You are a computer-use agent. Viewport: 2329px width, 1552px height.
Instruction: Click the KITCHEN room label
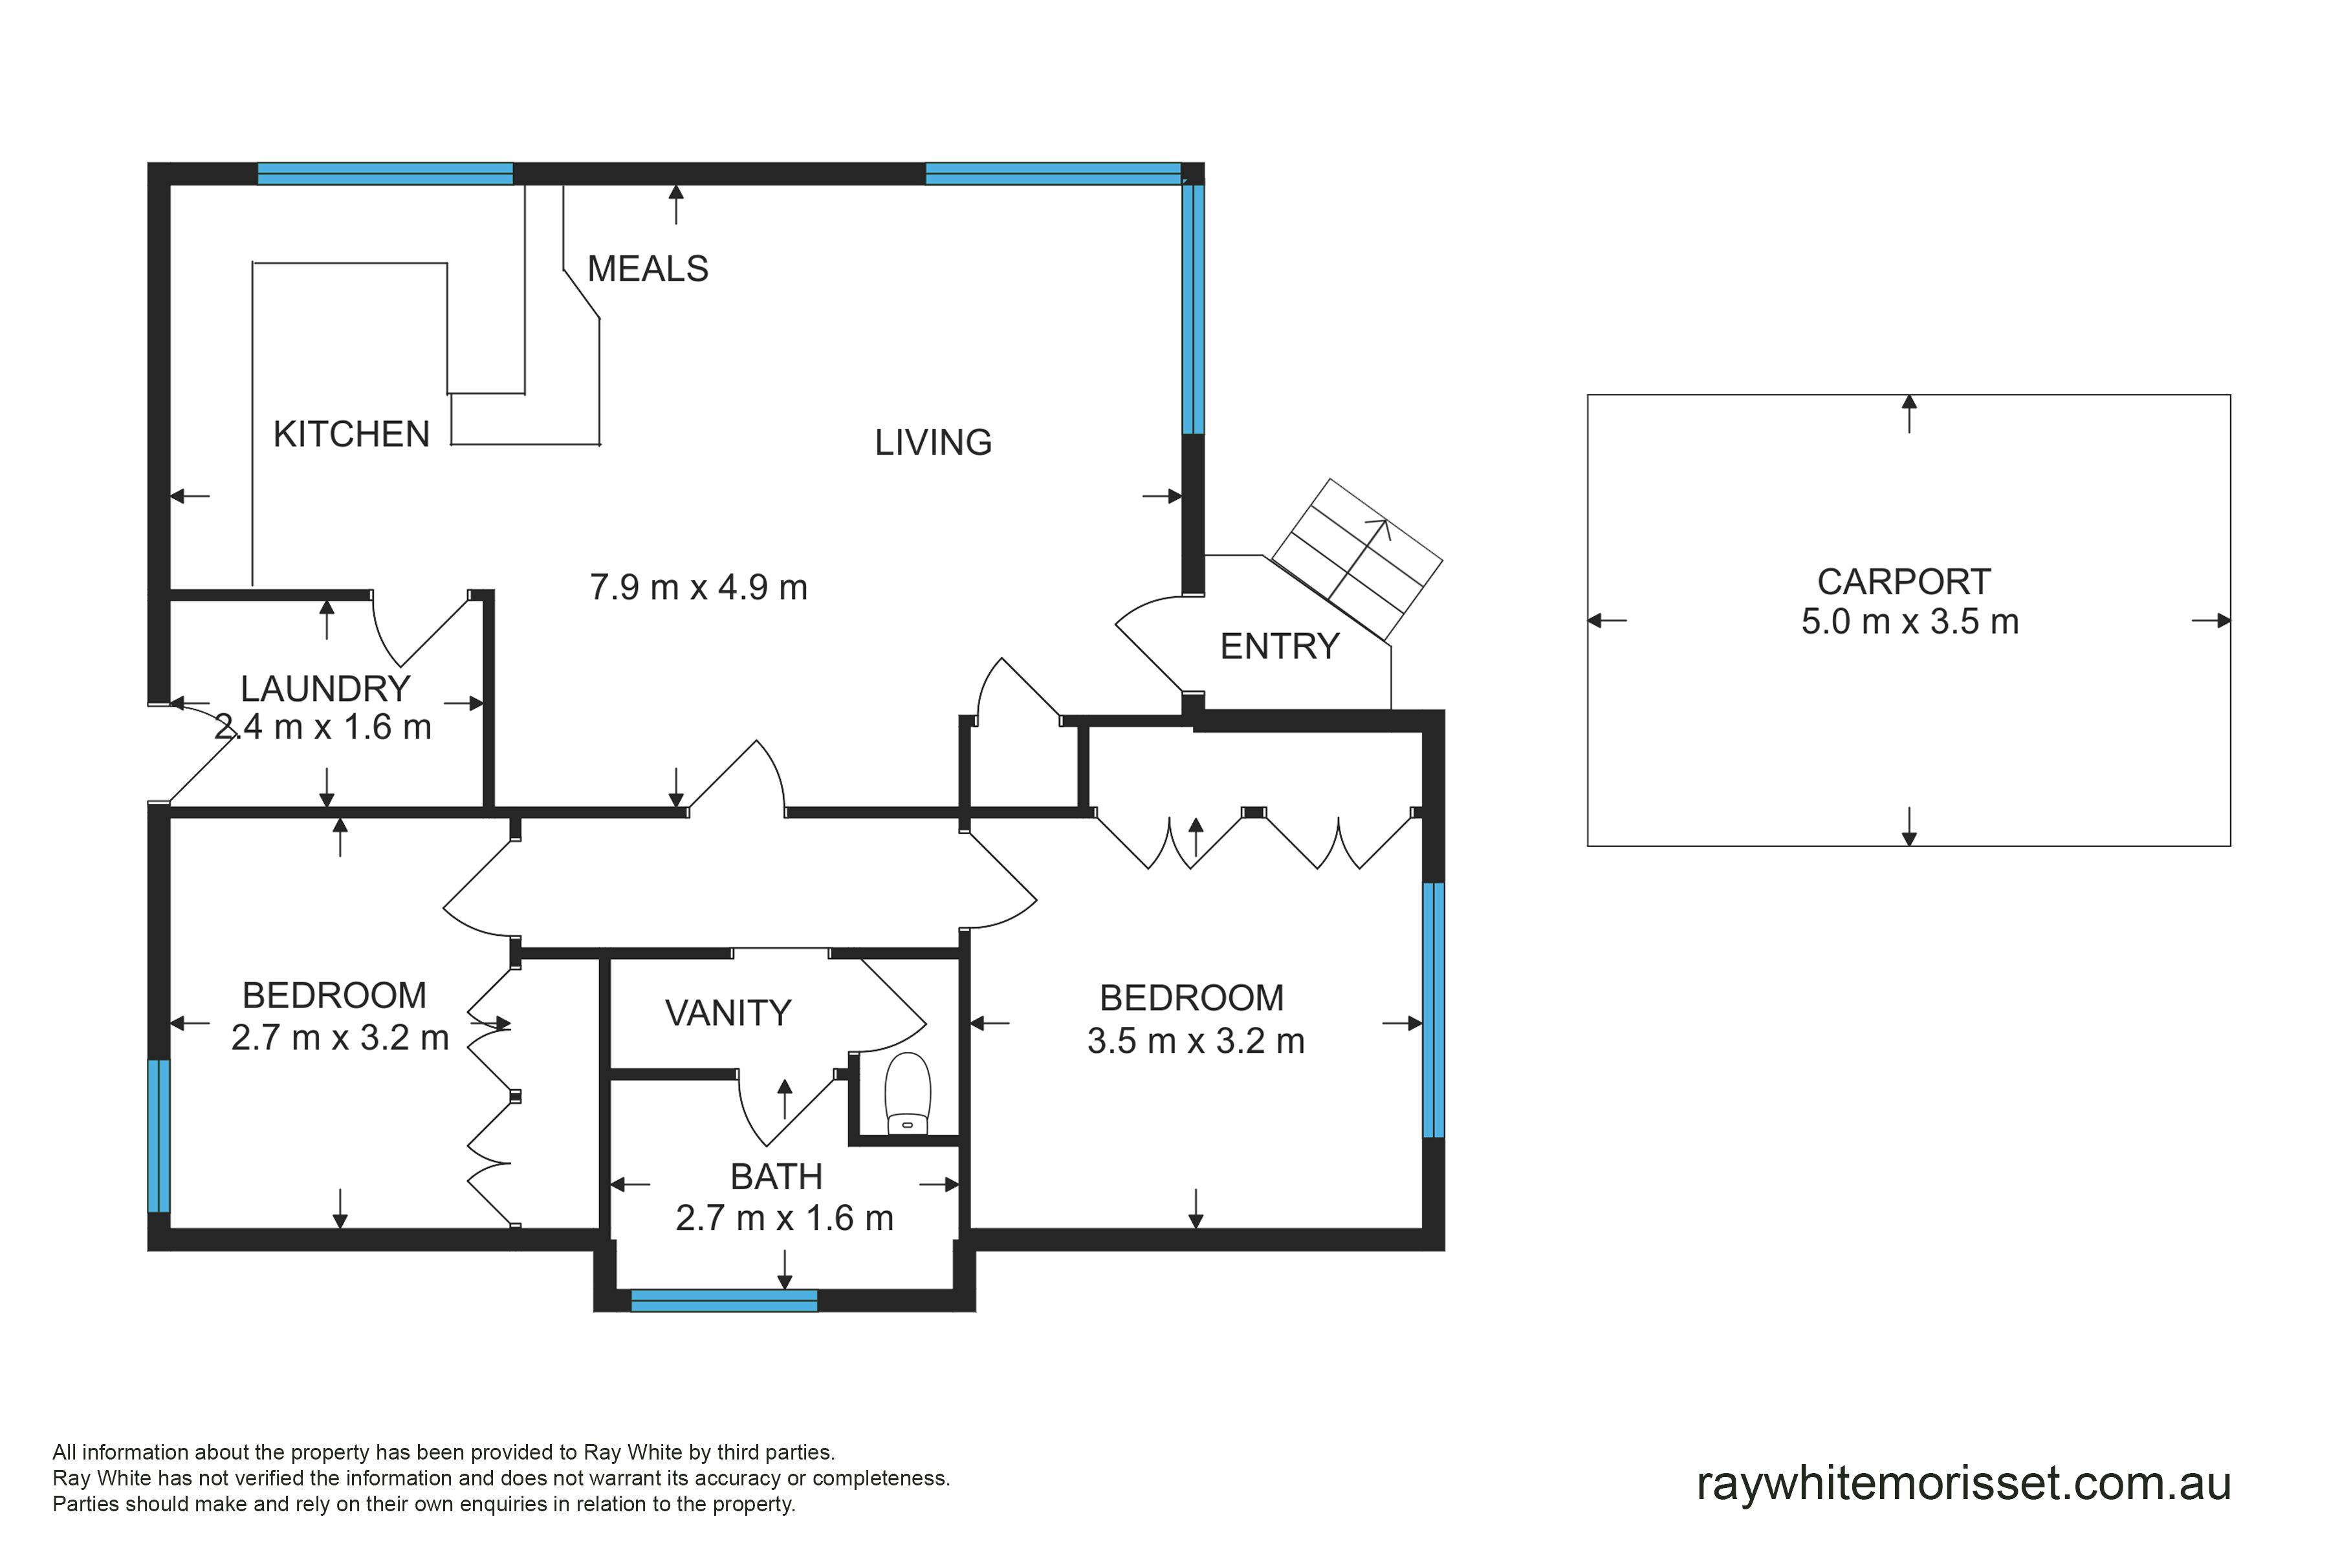pyautogui.click(x=351, y=435)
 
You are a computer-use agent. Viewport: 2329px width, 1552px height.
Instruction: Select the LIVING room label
pyautogui.click(x=933, y=442)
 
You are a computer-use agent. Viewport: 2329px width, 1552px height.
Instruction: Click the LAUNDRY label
pyautogui.click(x=326, y=689)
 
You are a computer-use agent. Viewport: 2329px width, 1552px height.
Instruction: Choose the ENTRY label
pyautogui.click(x=1280, y=646)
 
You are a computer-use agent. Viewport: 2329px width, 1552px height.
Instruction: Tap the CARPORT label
pyautogui.click(x=1904, y=582)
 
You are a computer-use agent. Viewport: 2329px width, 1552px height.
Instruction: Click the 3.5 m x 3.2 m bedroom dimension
pyautogui.click(x=1196, y=1041)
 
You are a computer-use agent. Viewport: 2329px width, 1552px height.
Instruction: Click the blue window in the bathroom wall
pyautogui.click(x=724, y=1300)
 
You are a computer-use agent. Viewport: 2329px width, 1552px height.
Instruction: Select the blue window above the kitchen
pyautogui.click(x=385, y=173)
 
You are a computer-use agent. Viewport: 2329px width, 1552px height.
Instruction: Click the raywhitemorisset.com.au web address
pyautogui.click(x=1963, y=1483)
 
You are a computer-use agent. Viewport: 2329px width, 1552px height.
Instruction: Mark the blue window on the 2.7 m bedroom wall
pyautogui.click(x=159, y=1136)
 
